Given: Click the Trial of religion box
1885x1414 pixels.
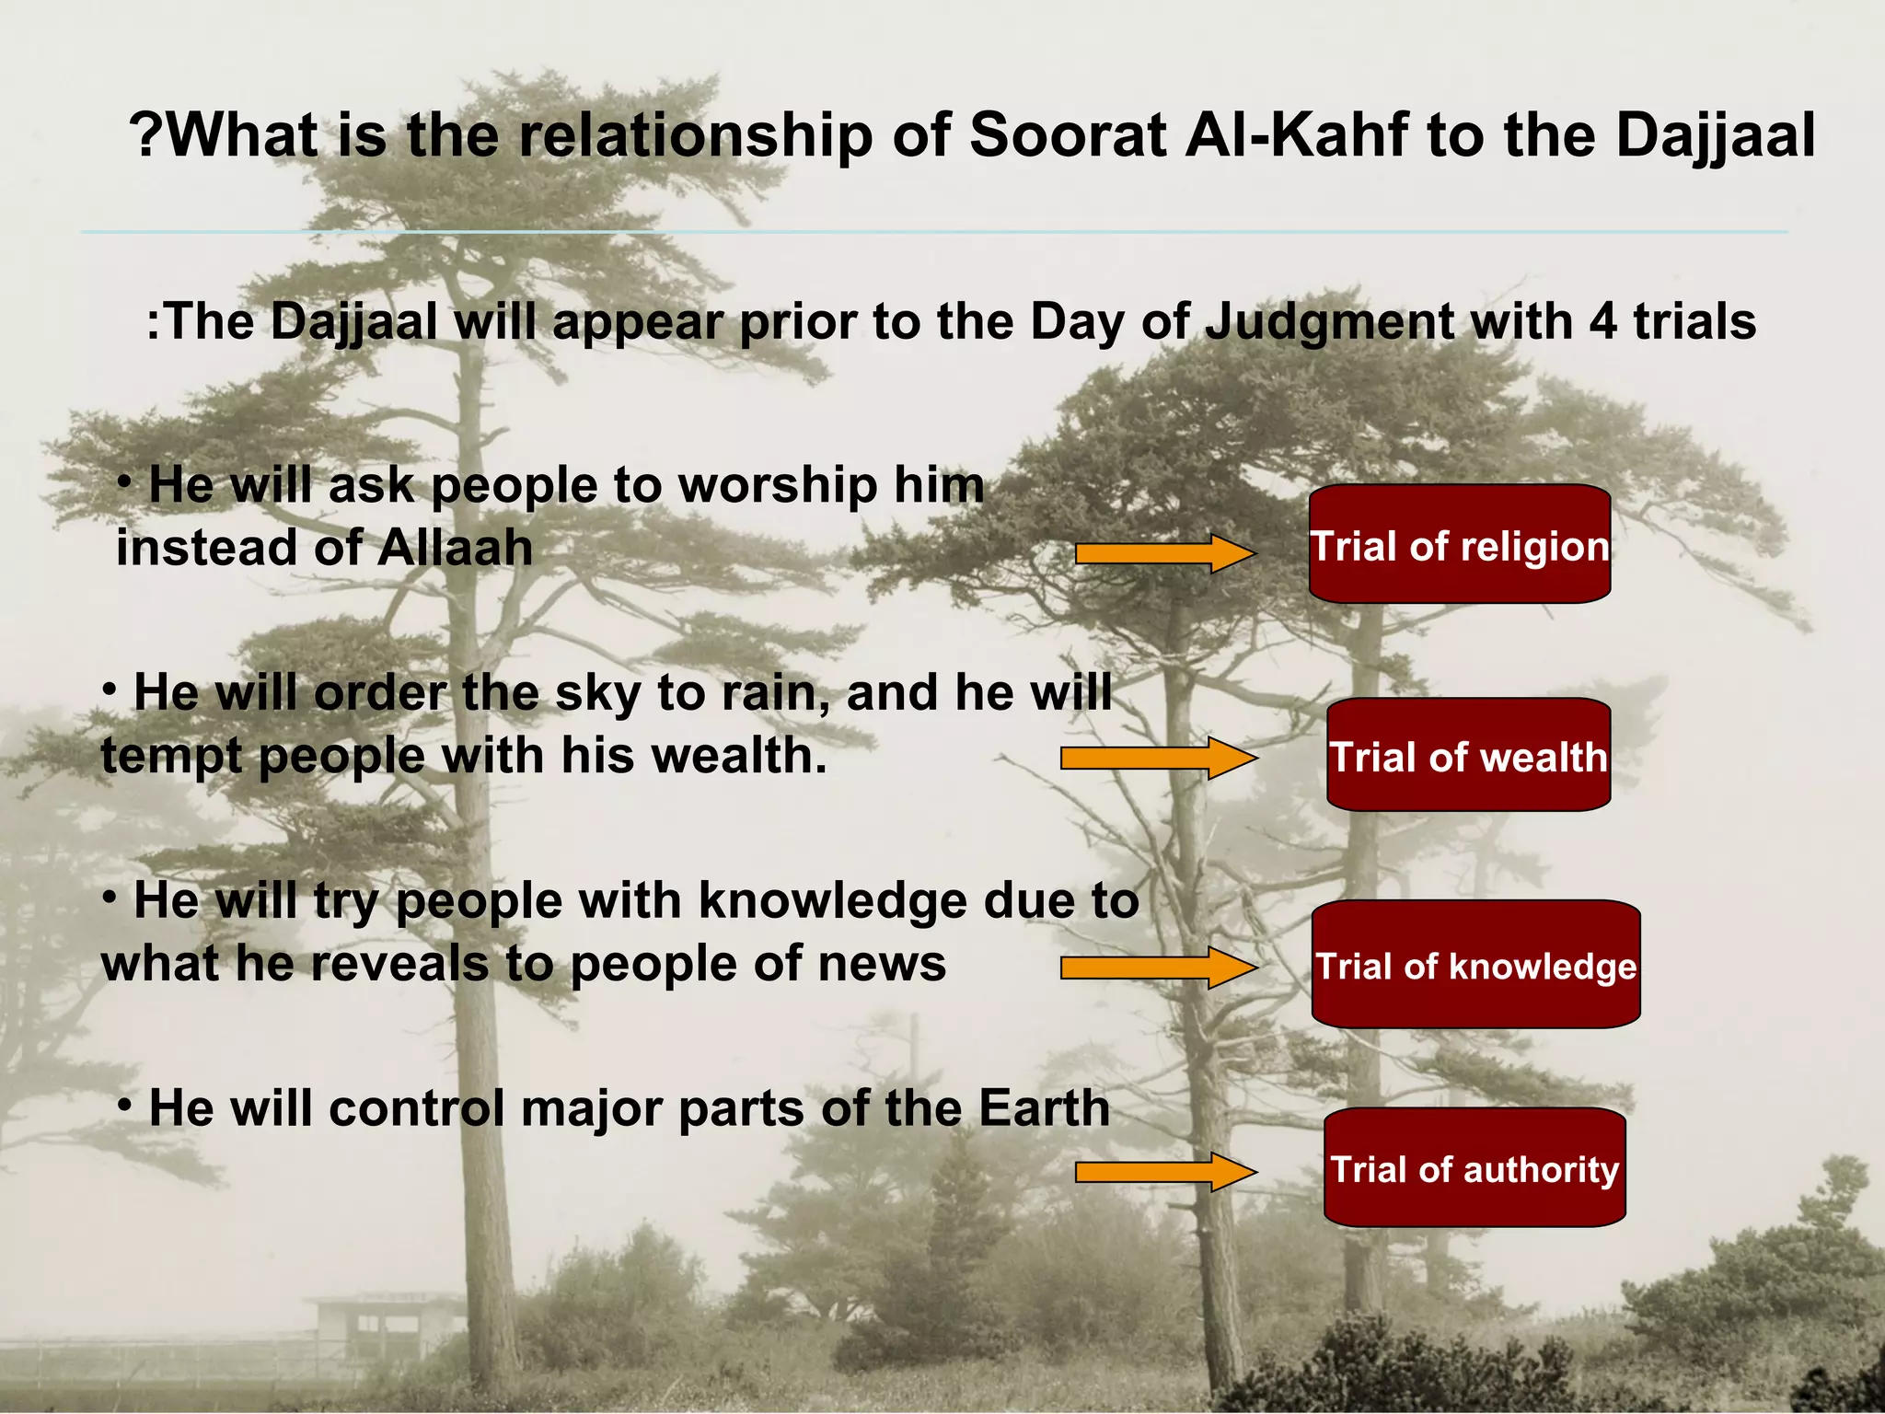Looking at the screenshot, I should click(1460, 545).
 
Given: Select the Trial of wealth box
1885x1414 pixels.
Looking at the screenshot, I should click(1468, 756).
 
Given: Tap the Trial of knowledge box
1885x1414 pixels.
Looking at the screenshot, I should click(1475, 965).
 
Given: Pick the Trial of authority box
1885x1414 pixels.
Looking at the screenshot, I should click(1474, 1168).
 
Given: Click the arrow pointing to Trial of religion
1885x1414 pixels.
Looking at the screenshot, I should click(1165, 553).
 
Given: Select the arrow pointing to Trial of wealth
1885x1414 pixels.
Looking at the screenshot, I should click(1158, 759).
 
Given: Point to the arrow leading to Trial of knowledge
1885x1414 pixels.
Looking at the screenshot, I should click(1158, 968).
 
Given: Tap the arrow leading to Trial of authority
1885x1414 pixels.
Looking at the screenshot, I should click(1165, 1172).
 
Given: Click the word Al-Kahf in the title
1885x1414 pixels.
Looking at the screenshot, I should click(1295, 134).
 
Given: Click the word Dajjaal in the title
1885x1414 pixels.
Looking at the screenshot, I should click(1715, 136).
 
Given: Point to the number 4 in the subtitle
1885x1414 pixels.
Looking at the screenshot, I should click(1602, 322).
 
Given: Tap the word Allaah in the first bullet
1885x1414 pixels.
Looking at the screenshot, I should click(455, 548).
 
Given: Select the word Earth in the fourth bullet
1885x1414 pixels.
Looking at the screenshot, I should click(1044, 1107).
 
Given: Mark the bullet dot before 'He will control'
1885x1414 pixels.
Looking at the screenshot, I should click(125, 1106).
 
